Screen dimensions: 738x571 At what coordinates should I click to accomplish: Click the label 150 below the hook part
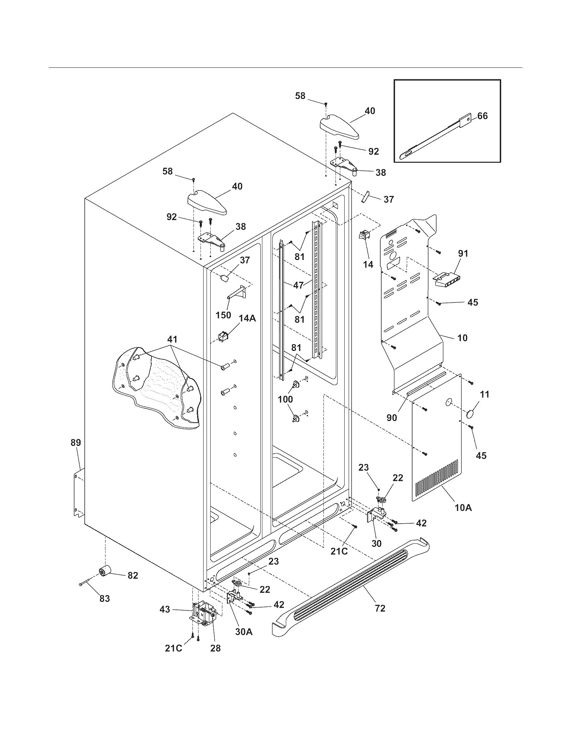(223, 315)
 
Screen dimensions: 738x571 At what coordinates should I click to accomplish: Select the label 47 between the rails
(298, 285)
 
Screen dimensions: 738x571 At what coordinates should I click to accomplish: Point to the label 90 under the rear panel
(392, 418)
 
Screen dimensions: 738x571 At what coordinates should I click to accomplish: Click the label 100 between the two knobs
(285, 399)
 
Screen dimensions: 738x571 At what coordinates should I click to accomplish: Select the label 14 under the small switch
(368, 264)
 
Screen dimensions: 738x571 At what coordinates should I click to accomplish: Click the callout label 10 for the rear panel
(462, 337)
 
